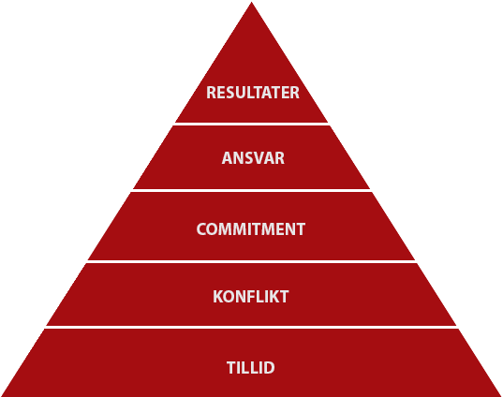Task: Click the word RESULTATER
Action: click(x=253, y=93)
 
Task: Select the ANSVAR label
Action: click(x=253, y=158)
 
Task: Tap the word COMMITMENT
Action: click(x=251, y=229)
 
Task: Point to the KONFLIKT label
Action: click(x=251, y=297)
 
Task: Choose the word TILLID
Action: click(x=251, y=367)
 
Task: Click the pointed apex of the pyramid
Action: click(x=251, y=3)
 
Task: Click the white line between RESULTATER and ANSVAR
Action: click(x=251, y=124)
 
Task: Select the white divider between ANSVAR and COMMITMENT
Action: click(x=251, y=190)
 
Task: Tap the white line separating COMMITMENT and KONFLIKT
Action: click(x=251, y=261)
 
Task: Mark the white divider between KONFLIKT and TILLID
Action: click(x=251, y=327)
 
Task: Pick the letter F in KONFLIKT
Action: click(x=253, y=297)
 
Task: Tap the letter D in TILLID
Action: click(x=269, y=367)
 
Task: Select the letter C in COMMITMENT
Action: click(x=201, y=229)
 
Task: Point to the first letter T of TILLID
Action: click(x=231, y=367)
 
